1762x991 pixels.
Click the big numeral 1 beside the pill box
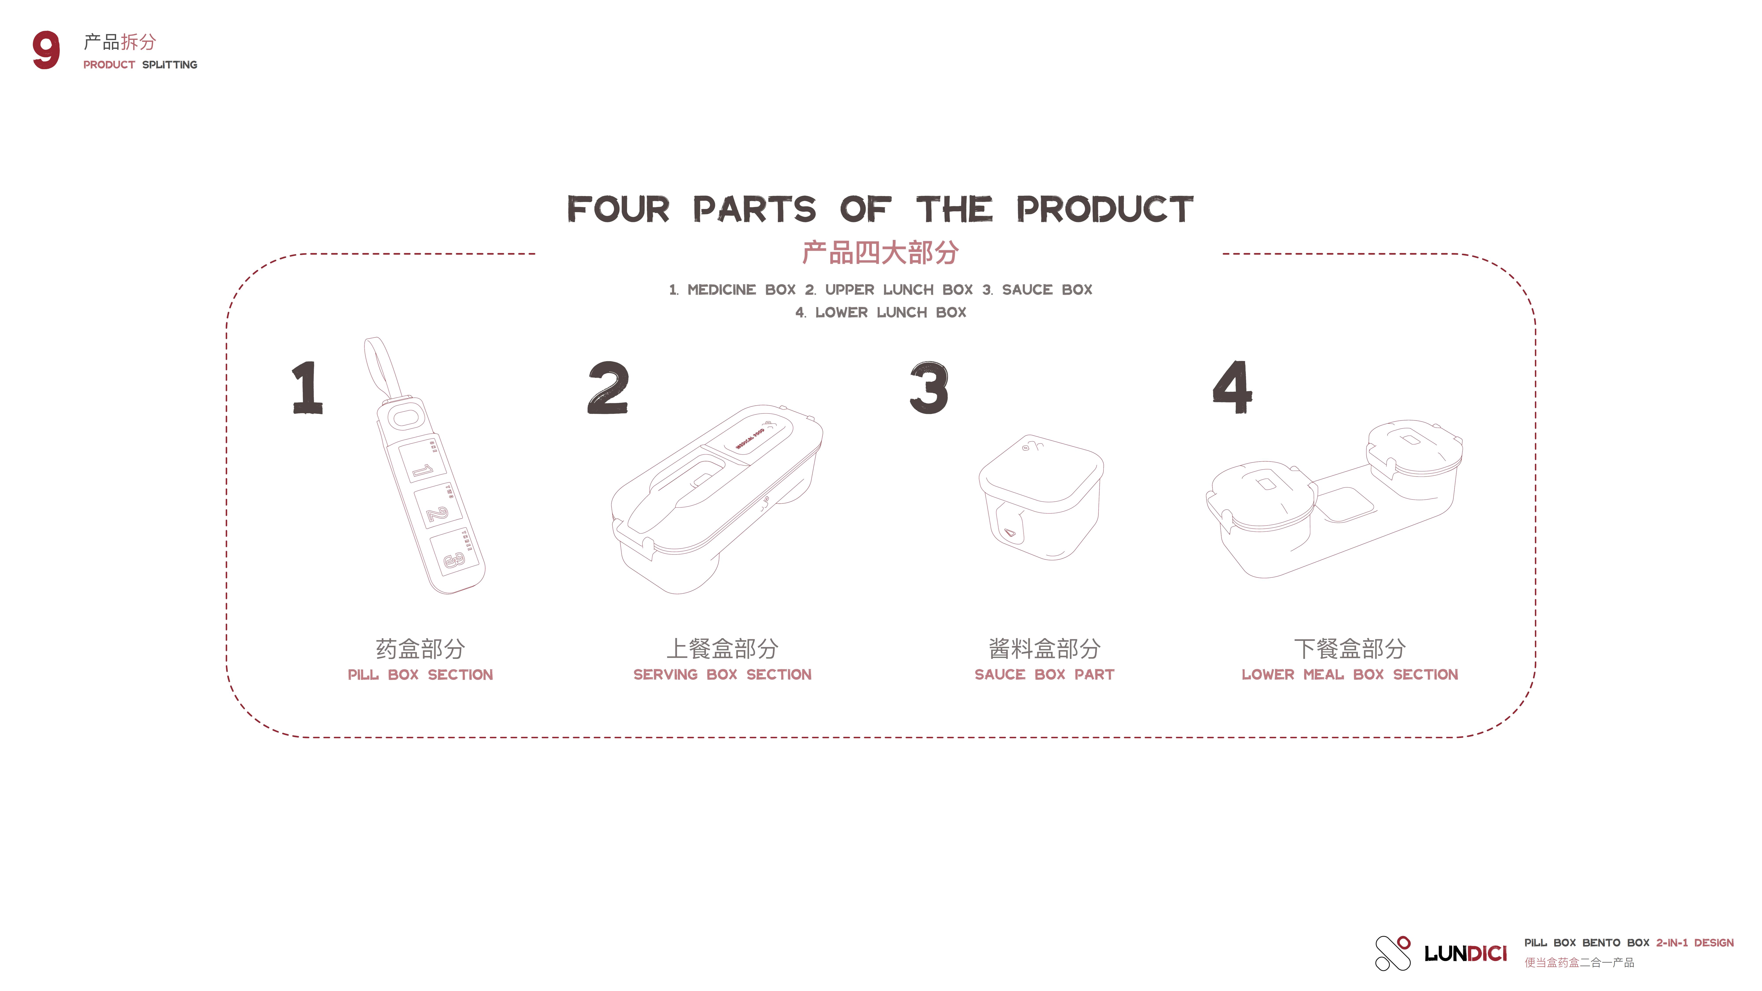point(307,388)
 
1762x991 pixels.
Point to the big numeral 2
point(607,388)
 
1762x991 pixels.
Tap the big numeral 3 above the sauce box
point(929,388)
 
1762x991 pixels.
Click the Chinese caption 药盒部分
point(420,648)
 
